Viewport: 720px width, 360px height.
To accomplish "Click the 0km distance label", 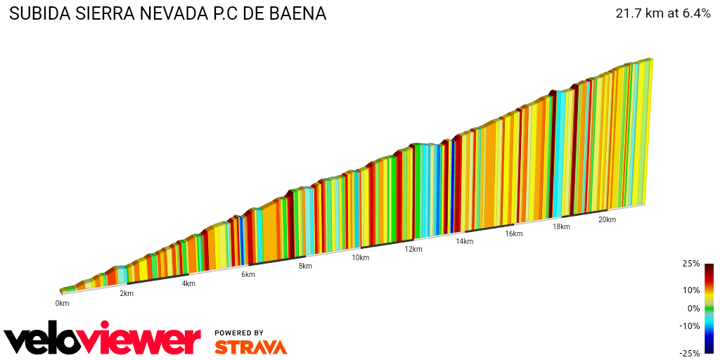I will (62, 303).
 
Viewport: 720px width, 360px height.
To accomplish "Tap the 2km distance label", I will (127, 293).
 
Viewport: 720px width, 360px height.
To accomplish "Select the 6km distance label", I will (247, 274).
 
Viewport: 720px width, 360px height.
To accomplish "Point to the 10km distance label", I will (361, 258).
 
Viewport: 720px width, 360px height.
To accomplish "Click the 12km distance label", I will (413, 249).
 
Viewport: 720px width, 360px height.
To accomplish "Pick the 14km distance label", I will (464, 241).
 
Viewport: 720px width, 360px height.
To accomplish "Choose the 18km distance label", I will (561, 226).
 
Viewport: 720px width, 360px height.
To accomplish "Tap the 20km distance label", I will (607, 219).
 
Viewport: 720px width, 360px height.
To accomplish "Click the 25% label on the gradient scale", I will (691, 264).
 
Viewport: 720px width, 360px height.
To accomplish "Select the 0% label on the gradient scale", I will (693, 308).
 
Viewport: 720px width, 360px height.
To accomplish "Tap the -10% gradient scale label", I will (690, 326).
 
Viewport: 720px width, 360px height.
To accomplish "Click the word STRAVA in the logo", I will (250, 347).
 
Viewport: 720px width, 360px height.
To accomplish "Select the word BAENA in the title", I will (299, 14).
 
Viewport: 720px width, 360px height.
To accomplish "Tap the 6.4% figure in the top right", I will (693, 13).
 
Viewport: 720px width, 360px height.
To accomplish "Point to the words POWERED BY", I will (239, 333).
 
